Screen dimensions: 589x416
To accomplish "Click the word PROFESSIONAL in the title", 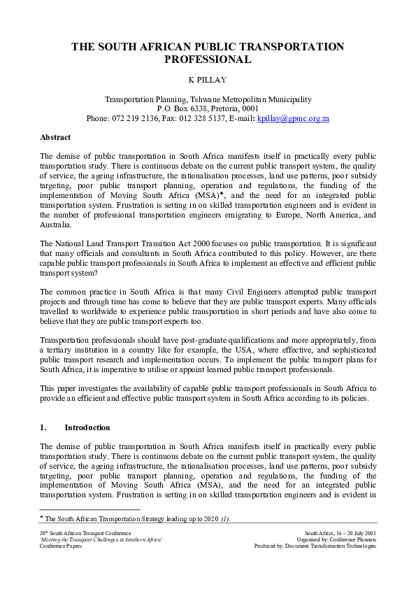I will pos(208,60).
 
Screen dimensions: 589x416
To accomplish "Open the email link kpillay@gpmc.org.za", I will pos(293,119).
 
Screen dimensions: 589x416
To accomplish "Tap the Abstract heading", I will pos(55,137).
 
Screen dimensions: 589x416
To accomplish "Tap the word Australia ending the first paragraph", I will pos(55,226).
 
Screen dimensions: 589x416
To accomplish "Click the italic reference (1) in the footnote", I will pos(225,518).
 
